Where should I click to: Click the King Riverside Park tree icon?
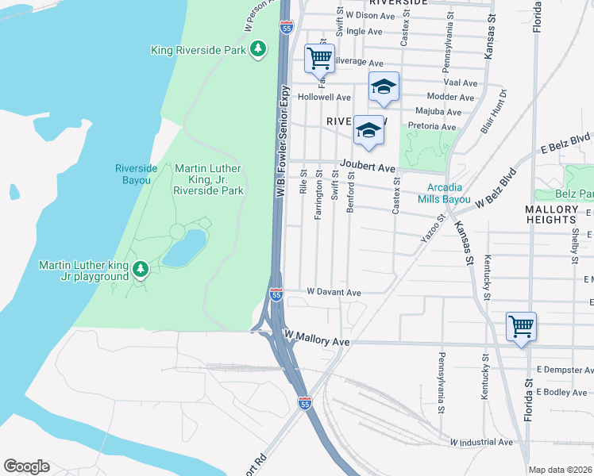pyautogui.click(x=257, y=50)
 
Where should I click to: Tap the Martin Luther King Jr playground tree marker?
pyautogui.click(x=140, y=271)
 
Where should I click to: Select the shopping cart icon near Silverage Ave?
pyautogui.click(x=318, y=57)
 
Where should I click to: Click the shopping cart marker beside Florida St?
pyautogui.click(x=521, y=325)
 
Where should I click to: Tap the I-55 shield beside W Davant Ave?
pyautogui.click(x=276, y=294)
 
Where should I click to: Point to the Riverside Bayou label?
pyautogui.click(x=133, y=175)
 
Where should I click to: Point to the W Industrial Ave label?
pyautogui.click(x=481, y=442)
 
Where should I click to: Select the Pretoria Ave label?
pyautogui.click(x=432, y=127)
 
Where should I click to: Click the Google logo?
pyautogui.click(x=27, y=466)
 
